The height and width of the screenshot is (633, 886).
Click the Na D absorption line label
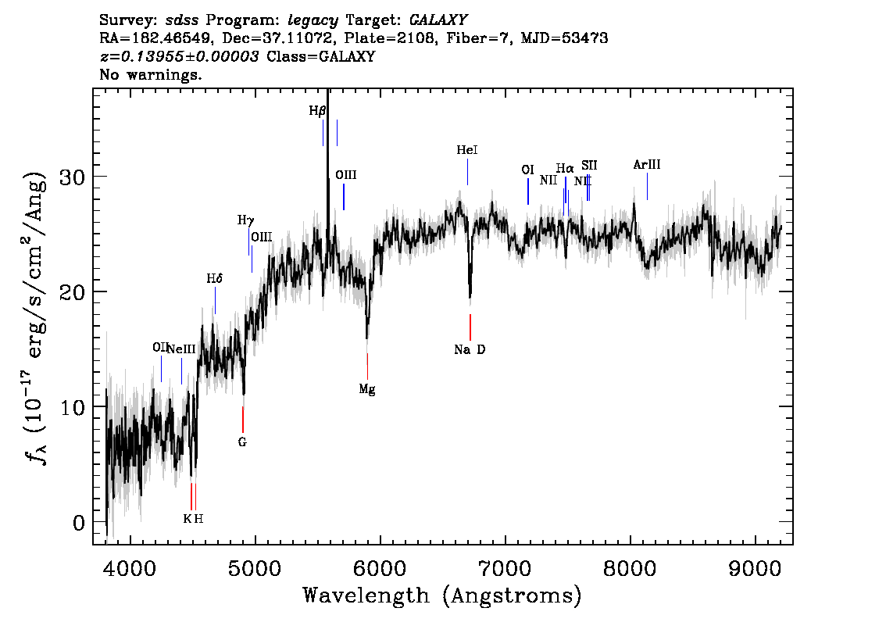pyautogui.click(x=470, y=350)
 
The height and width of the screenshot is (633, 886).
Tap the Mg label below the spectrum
pyautogui.click(x=367, y=389)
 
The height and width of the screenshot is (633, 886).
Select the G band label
pyautogui.click(x=242, y=442)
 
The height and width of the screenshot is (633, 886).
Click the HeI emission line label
pyautogui.click(x=467, y=150)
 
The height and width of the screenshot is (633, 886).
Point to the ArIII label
pyautogui.click(x=647, y=164)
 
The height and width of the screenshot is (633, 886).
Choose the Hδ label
pyautogui.click(x=215, y=278)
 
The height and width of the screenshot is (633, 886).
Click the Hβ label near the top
pyautogui.click(x=317, y=111)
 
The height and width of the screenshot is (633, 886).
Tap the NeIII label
pyautogui.click(x=182, y=349)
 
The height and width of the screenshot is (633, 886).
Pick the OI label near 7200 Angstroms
pyautogui.click(x=527, y=170)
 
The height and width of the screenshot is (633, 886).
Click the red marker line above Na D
pyautogui.click(x=470, y=327)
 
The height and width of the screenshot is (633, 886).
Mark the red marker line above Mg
pyautogui.click(x=367, y=367)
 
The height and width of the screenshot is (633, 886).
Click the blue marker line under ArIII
pyautogui.click(x=647, y=186)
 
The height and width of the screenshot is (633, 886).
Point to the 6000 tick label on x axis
pyautogui.click(x=380, y=568)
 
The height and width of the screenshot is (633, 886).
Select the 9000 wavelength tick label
pyautogui.click(x=755, y=568)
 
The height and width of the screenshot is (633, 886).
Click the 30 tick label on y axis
pyautogui.click(x=73, y=177)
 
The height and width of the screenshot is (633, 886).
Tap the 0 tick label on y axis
pyautogui.click(x=79, y=523)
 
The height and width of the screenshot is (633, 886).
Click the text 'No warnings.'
pyautogui.click(x=151, y=74)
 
